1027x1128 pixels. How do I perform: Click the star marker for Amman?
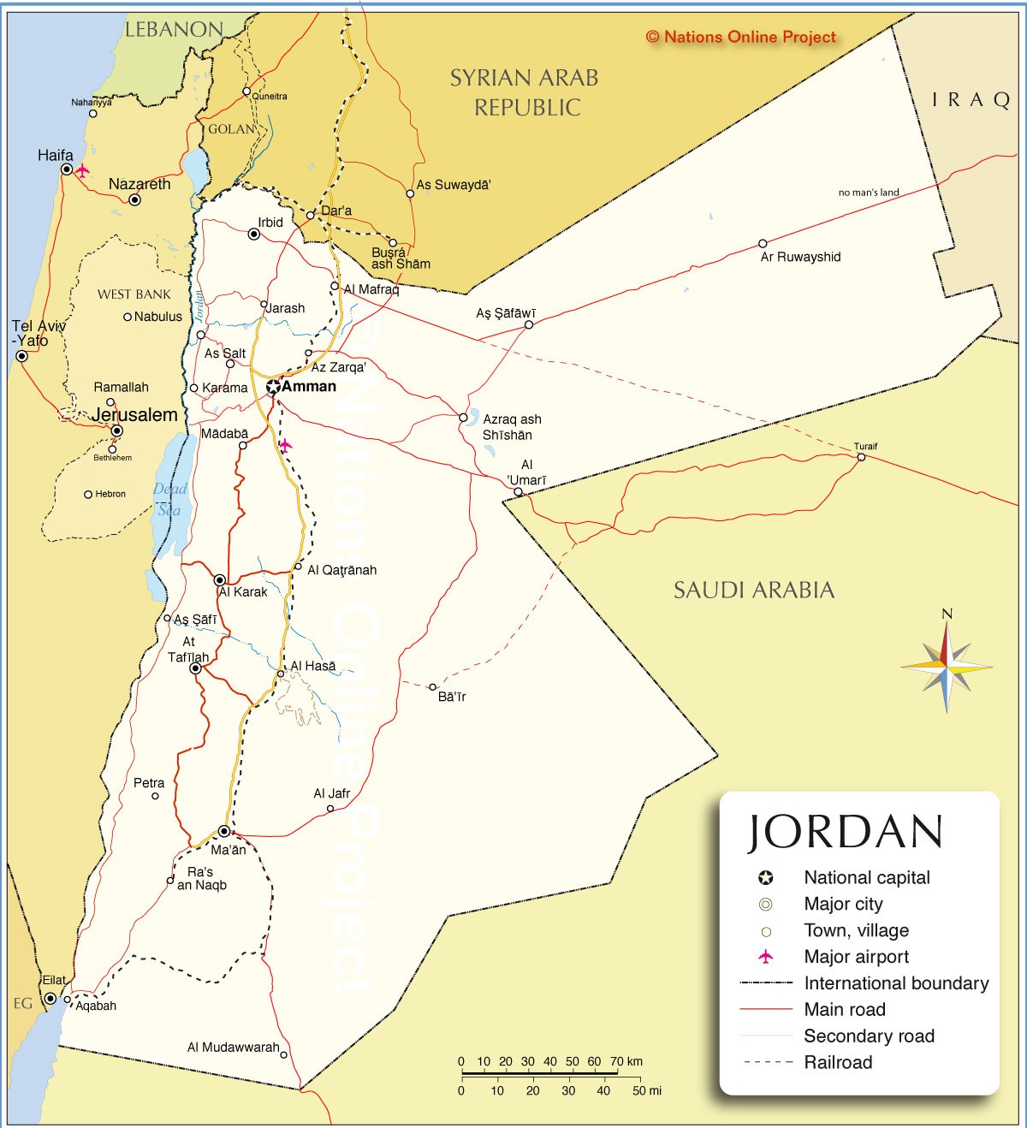pos(273,387)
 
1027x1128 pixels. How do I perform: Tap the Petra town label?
pos(149,783)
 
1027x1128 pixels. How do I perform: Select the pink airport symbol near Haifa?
pos(82,170)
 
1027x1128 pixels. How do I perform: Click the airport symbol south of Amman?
pos(285,445)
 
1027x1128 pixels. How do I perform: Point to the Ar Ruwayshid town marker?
pos(763,243)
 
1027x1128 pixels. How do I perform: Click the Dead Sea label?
pos(170,499)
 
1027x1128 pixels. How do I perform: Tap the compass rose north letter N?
pos(947,614)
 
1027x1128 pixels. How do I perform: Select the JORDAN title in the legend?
pos(846,832)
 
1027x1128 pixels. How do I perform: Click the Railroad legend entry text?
pos(838,1062)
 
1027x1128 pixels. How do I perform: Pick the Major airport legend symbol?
pos(766,957)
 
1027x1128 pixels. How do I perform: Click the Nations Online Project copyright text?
pos(741,37)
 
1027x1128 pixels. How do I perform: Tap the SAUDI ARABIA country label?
pos(753,590)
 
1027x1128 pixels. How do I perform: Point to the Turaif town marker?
pos(861,457)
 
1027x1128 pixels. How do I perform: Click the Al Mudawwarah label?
pos(233,1047)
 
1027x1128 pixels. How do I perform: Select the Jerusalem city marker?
pos(117,430)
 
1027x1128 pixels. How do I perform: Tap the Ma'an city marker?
pos(224,831)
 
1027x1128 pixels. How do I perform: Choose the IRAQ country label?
pos(971,100)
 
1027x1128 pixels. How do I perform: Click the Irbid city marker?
pos(253,234)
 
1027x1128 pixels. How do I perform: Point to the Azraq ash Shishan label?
pos(511,427)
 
